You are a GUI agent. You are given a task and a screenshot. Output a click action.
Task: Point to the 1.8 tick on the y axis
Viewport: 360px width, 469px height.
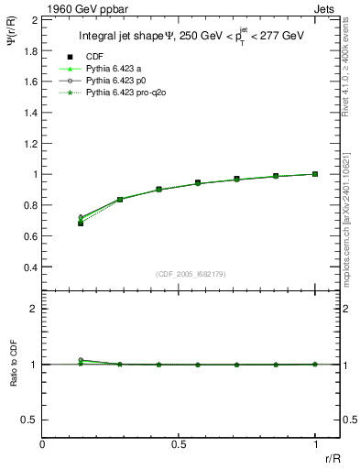click(x=29, y=50)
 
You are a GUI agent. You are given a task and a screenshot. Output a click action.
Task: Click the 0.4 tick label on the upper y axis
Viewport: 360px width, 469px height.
click(x=29, y=267)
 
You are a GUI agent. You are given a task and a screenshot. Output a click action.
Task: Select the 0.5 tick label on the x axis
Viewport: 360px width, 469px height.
click(x=179, y=444)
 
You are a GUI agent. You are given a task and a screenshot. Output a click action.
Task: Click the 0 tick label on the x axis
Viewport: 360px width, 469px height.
click(x=42, y=444)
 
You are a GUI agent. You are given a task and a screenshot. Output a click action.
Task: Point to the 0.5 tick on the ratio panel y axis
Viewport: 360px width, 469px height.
click(x=29, y=420)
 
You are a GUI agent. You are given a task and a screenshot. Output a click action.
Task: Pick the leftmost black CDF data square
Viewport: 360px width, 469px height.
click(x=81, y=223)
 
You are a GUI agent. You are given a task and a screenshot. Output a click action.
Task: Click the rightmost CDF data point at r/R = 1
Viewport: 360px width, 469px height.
click(x=315, y=173)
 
